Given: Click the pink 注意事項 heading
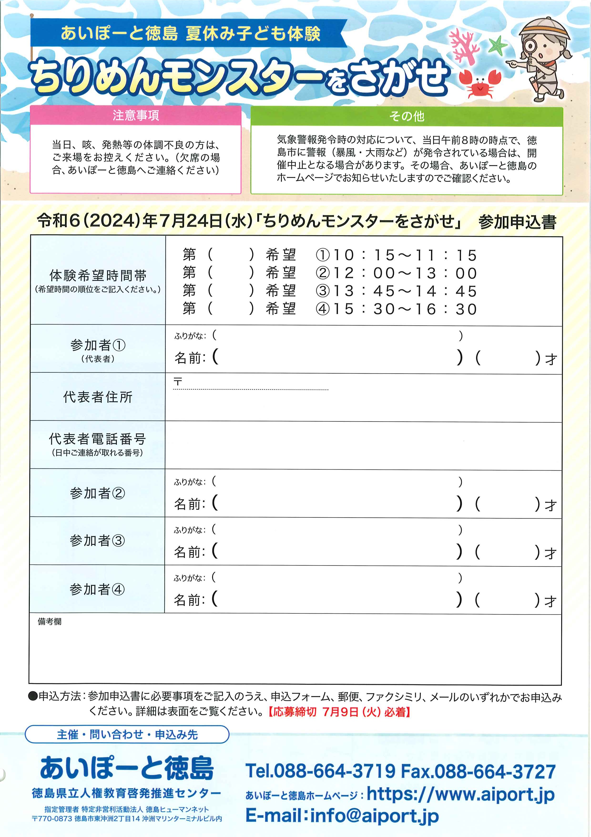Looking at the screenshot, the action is pos(135,116).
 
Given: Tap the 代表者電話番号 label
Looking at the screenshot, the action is pos(98,439).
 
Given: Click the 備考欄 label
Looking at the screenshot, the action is pos(50,622).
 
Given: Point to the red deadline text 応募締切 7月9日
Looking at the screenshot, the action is pos(339,712).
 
